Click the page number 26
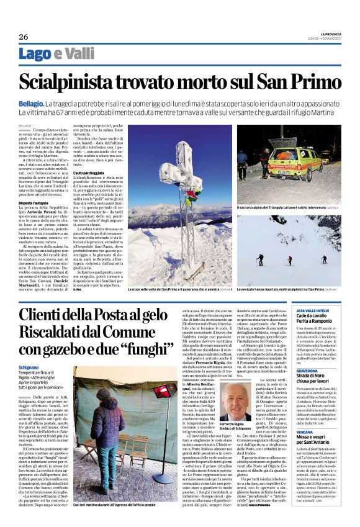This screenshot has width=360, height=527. click(24, 37)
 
